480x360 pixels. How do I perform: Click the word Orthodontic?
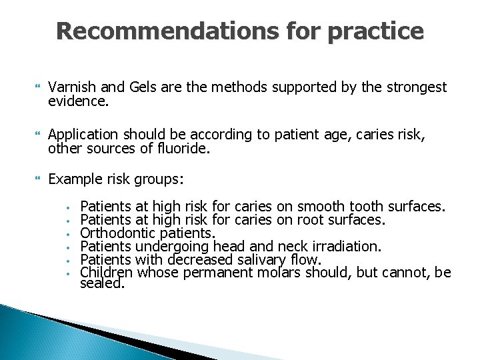[x=119, y=233]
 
